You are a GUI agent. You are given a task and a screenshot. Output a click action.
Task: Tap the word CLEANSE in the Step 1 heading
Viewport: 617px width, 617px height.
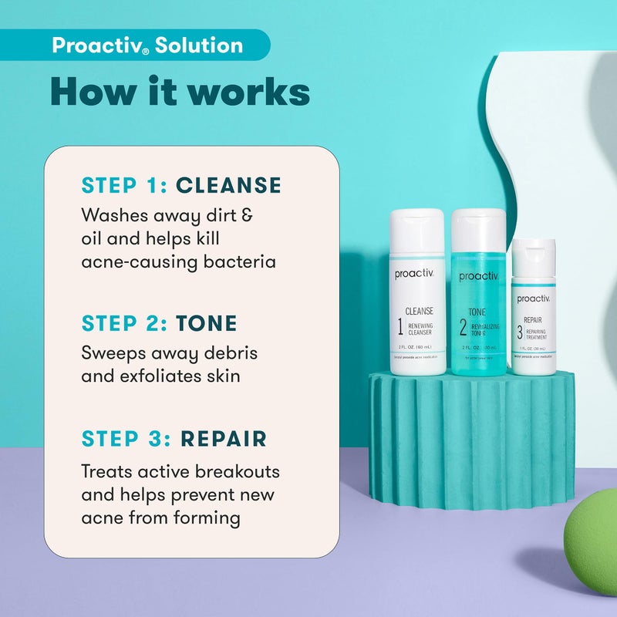228,185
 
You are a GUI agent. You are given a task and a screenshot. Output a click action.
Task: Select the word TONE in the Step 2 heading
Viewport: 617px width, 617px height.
206,324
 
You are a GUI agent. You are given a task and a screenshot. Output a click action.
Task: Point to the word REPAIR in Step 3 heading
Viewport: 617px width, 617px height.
223,439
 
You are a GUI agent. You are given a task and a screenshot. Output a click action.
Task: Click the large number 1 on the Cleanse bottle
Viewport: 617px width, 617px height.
400,327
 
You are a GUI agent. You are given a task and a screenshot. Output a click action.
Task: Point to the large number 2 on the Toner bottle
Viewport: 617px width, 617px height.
463,327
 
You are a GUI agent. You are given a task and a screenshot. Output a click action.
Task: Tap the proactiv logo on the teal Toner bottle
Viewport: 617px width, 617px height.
478,276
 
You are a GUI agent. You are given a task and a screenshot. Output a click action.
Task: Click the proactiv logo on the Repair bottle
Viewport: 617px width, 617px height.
534,298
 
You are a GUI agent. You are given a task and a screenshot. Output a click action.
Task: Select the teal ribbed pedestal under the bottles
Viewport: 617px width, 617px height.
470,440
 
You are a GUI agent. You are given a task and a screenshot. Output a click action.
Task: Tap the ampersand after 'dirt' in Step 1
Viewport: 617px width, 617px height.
248,214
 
